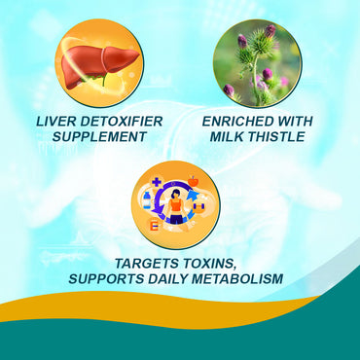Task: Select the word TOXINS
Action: pyautogui.click(x=219, y=263)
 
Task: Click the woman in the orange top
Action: pyautogui.click(x=176, y=207)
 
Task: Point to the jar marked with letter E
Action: pyautogui.click(x=155, y=225)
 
